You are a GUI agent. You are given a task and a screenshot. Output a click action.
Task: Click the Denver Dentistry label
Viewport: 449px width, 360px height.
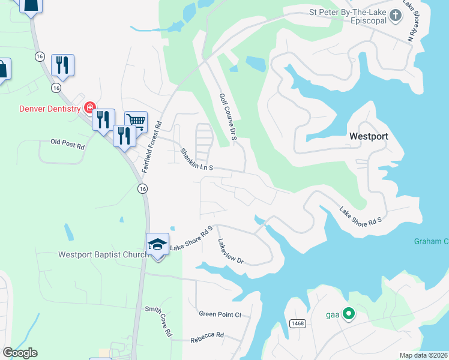pyautogui.click(x=49, y=109)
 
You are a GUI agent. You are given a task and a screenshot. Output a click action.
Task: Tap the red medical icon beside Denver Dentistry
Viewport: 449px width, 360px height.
pyautogui.click(x=89, y=108)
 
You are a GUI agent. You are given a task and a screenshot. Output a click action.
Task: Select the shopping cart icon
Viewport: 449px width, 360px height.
pyautogui.click(x=136, y=122)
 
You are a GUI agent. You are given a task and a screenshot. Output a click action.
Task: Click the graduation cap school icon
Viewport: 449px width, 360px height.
pyautogui.click(x=157, y=244)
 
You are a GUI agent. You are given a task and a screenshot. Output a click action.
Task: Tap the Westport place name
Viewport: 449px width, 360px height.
pyautogui.click(x=369, y=136)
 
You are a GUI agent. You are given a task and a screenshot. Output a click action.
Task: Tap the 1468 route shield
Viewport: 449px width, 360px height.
pyautogui.click(x=297, y=323)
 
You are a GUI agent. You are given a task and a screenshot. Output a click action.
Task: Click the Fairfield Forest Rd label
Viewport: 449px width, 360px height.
pyautogui.click(x=152, y=148)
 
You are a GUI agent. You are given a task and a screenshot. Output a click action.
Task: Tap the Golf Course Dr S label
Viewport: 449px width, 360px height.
pyautogui.click(x=229, y=117)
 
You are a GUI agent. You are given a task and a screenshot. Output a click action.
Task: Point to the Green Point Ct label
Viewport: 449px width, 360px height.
pyautogui.click(x=220, y=314)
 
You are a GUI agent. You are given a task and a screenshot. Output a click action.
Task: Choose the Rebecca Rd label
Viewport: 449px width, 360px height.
pyautogui.click(x=206, y=337)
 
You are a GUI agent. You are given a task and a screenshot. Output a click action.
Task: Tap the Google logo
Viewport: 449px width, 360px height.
pyautogui.click(x=20, y=353)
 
